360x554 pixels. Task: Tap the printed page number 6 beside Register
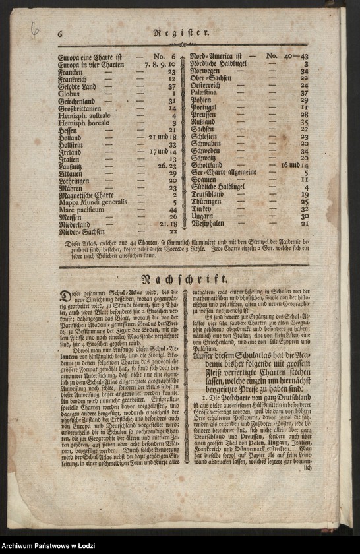59,33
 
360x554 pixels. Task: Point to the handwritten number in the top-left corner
34,28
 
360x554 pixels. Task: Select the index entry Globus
68,94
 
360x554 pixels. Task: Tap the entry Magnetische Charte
86,195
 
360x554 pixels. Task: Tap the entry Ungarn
202,216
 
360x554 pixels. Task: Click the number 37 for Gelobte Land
172,86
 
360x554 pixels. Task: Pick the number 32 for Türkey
304,208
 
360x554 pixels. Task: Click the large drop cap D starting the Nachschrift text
65,297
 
